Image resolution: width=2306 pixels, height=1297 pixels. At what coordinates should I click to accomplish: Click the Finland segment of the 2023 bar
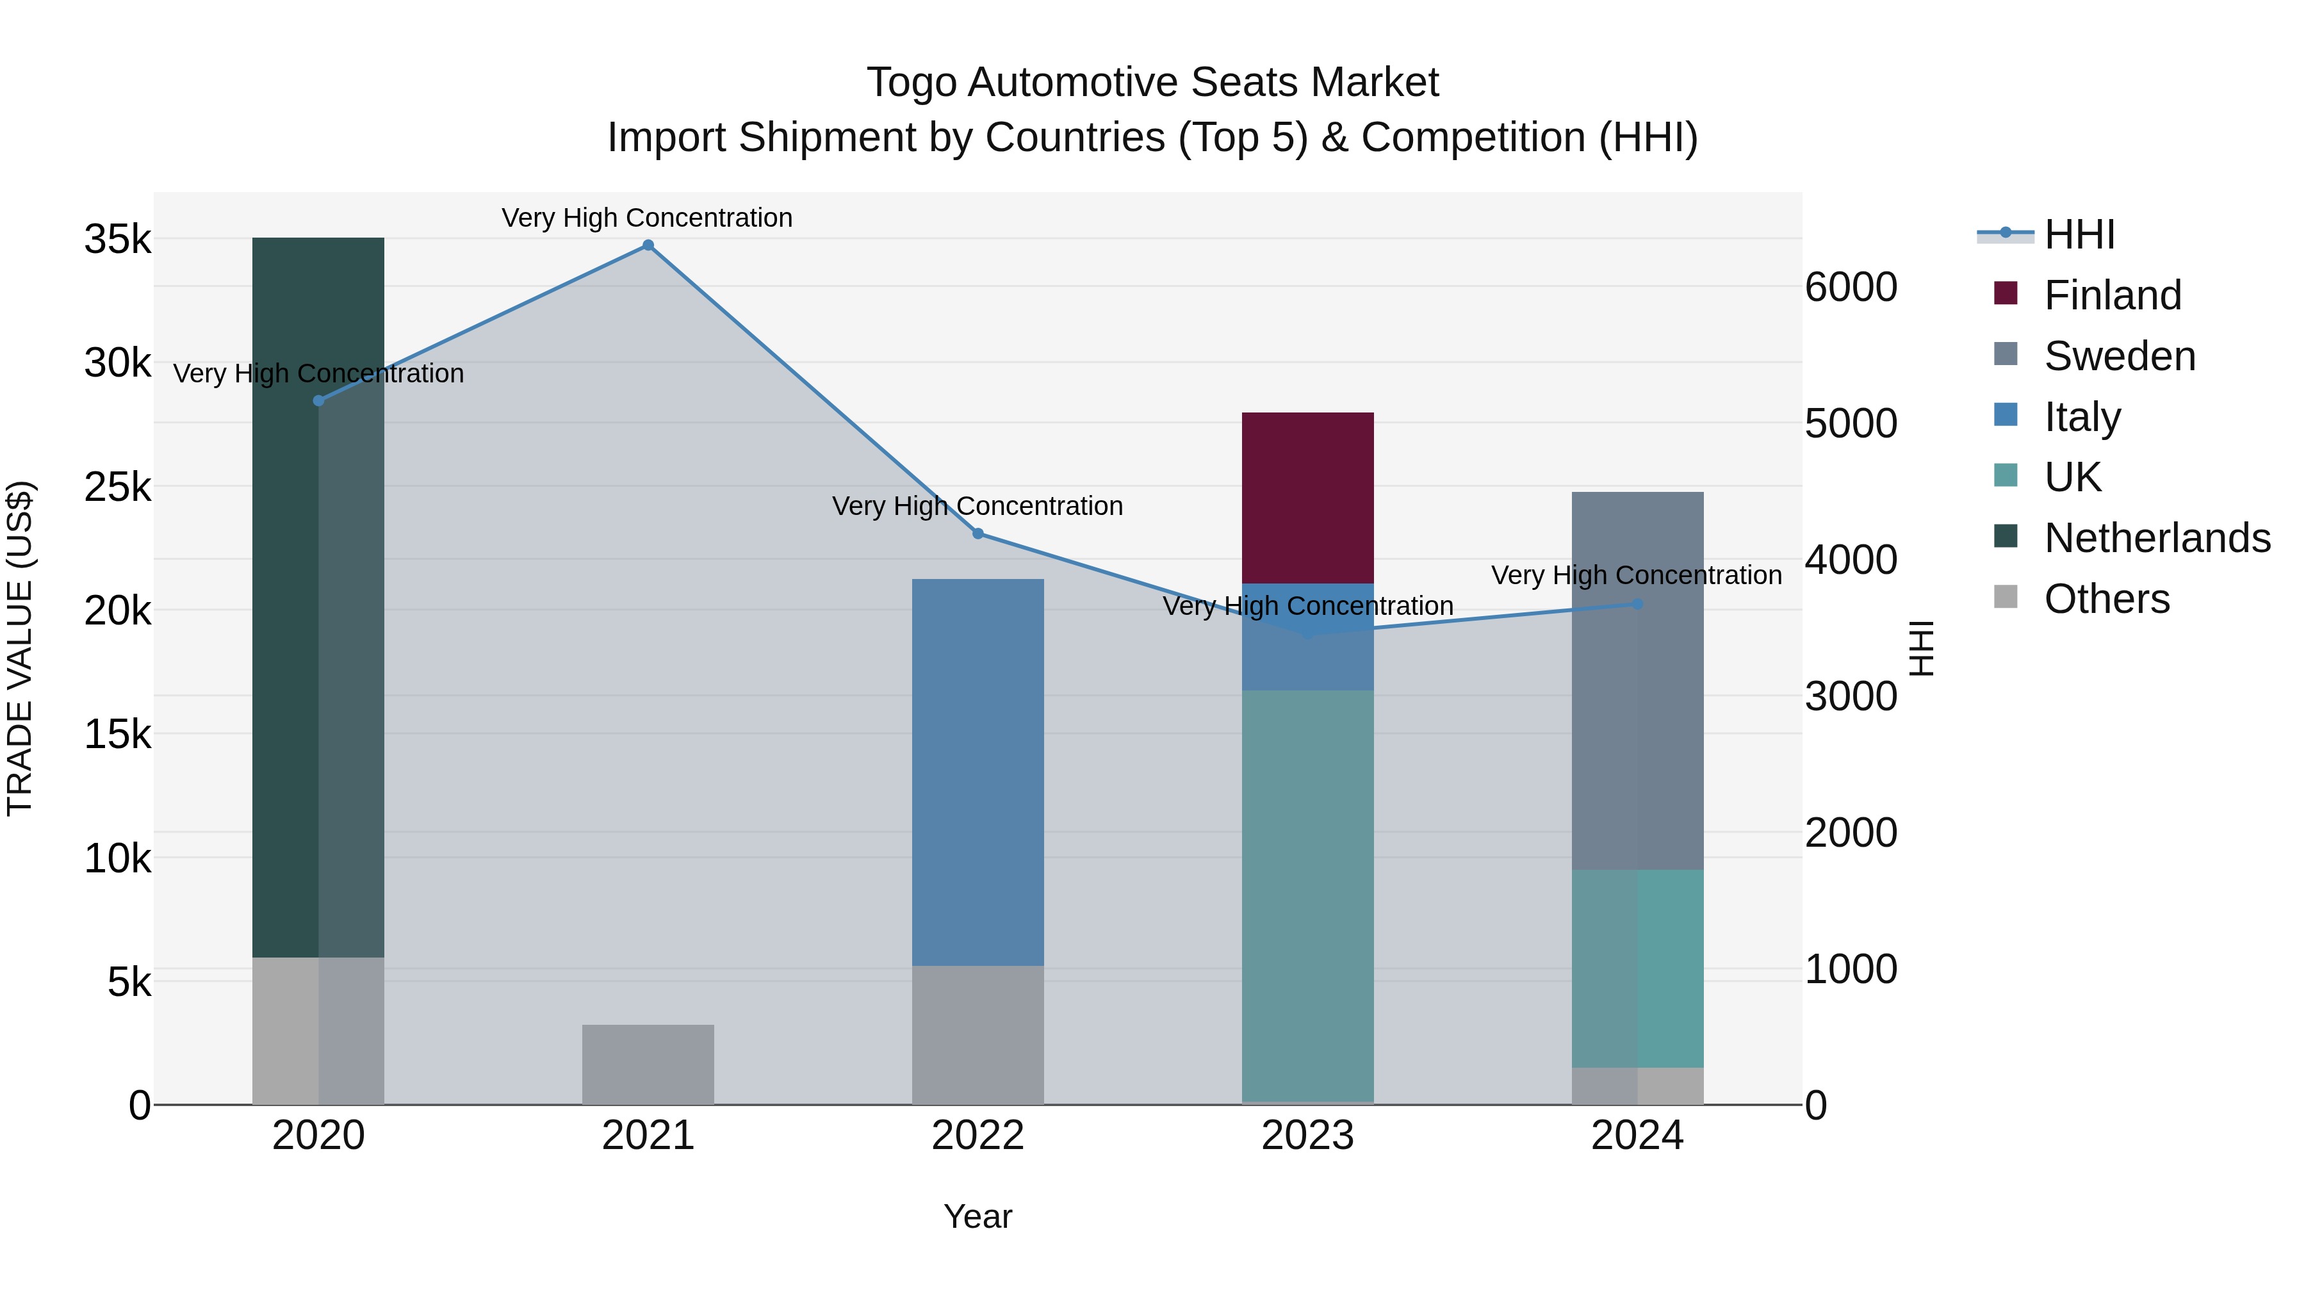[1307, 497]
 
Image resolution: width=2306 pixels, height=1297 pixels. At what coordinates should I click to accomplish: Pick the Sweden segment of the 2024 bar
[1637, 680]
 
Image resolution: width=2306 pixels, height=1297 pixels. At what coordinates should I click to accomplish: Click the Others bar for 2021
[648, 1065]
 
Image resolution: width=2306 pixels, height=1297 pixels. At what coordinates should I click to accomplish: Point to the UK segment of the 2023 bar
[1307, 895]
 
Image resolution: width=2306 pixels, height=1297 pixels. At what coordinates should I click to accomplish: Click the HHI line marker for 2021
[648, 245]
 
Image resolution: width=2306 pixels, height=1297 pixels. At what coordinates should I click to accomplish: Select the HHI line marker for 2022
[977, 534]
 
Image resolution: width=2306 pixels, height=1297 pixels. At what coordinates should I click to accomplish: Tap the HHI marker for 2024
[1637, 604]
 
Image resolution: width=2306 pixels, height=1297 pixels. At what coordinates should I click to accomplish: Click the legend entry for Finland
[2112, 295]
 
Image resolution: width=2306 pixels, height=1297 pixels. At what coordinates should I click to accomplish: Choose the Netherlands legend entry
[2157, 538]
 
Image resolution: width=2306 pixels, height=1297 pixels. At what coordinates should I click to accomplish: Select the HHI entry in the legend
[2079, 234]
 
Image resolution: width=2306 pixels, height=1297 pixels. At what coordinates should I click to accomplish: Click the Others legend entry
[2106, 599]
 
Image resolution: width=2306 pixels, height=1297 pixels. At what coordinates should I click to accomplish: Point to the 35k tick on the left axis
[117, 240]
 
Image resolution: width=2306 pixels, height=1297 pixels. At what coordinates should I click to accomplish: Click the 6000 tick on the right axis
[1851, 288]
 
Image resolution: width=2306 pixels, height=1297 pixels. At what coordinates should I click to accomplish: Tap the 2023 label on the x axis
[1307, 1136]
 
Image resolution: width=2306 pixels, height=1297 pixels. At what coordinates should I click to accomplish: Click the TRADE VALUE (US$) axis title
[20, 648]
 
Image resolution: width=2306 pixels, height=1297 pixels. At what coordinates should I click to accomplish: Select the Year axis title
[977, 1216]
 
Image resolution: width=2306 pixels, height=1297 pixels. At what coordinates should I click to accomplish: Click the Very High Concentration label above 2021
[646, 218]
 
